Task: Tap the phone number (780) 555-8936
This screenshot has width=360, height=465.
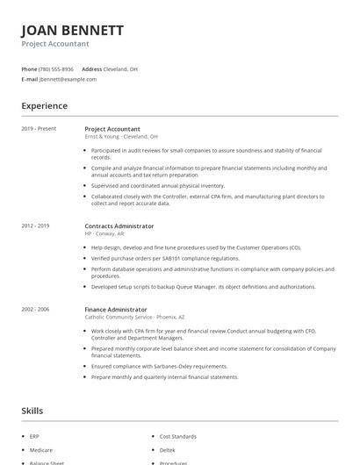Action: tap(57, 68)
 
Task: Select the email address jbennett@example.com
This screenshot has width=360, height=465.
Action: tap(68, 79)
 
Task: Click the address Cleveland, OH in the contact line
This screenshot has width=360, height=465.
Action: tap(120, 68)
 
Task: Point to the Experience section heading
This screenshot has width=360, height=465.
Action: tap(45, 106)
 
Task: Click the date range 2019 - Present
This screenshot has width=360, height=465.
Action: tap(39, 129)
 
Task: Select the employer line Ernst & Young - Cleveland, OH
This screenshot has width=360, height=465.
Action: tap(121, 137)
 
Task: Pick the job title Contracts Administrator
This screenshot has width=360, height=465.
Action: tap(119, 225)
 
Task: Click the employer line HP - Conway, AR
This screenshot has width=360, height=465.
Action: tap(104, 234)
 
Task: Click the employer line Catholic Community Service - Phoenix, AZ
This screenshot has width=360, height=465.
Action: tap(133, 318)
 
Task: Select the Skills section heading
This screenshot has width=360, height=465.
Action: tap(32, 411)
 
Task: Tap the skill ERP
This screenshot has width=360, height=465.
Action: tap(34, 436)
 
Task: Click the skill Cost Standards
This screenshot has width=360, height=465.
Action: tap(177, 436)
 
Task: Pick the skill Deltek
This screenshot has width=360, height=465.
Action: tap(169, 449)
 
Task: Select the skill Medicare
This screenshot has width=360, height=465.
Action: tap(40, 449)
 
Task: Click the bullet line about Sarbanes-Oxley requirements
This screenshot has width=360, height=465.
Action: tap(159, 366)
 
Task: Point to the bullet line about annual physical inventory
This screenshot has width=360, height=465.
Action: tap(158, 185)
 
